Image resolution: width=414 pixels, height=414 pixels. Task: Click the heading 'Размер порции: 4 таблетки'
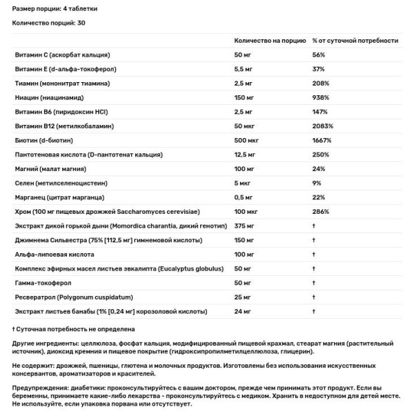(52, 7)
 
